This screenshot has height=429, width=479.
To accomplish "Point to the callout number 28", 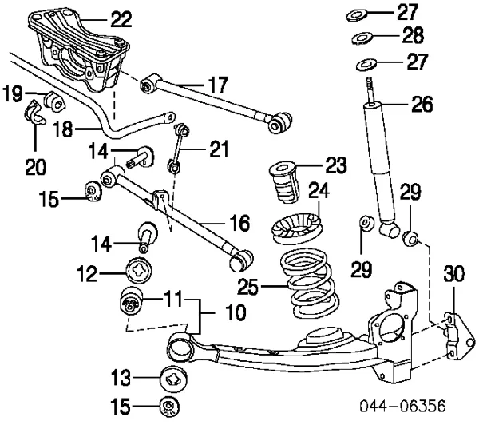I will tap(414, 36).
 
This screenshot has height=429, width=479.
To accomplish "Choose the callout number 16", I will tap(239, 223).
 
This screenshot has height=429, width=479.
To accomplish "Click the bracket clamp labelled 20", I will tap(34, 115).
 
